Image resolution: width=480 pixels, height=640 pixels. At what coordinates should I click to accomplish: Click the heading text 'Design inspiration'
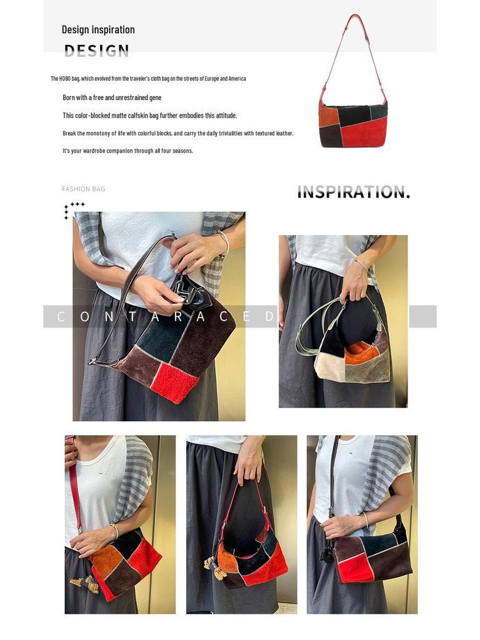98,29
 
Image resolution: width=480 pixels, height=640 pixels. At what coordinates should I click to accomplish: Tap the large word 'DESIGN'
97,51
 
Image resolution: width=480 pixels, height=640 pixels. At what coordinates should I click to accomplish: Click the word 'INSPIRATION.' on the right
353,192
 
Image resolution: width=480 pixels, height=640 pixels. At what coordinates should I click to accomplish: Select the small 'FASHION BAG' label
83,189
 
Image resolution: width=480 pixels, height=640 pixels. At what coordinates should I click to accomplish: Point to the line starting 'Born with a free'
112,97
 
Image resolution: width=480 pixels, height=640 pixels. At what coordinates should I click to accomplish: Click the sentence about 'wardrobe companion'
127,151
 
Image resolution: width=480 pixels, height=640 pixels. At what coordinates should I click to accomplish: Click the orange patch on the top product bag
329,116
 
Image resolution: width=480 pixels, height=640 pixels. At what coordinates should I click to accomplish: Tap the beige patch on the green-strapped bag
326,369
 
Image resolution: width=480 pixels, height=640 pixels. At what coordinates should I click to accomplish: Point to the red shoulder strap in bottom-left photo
74,487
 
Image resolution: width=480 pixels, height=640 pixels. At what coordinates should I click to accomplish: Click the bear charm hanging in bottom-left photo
87,584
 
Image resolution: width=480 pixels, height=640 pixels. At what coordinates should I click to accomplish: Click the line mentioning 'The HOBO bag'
148,79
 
